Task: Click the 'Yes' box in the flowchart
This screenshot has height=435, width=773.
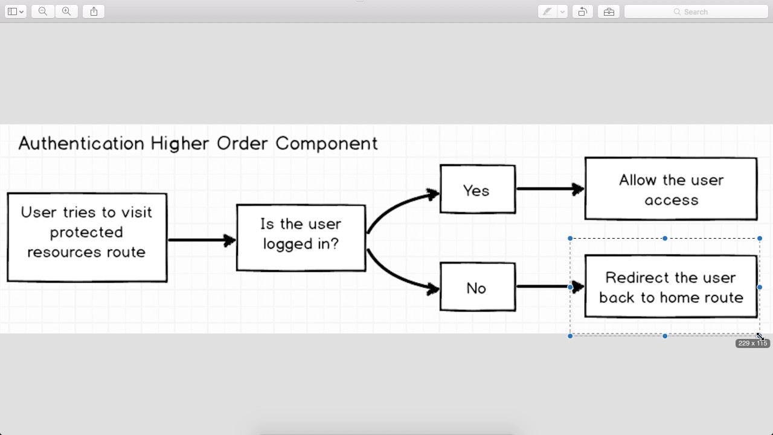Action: click(477, 189)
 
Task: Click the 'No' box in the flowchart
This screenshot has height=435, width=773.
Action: click(477, 287)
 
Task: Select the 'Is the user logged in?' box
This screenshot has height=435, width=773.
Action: click(301, 237)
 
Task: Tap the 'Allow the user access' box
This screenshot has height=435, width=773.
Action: click(670, 188)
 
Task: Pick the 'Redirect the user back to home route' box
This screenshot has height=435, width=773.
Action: click(670, 286)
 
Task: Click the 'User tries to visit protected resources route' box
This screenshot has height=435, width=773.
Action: click(87, 237)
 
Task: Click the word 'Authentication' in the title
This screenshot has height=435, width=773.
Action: click(81, 143)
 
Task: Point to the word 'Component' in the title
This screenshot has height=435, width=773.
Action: click(326, 143)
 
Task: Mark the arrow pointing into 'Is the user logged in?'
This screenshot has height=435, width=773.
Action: click(201, 240)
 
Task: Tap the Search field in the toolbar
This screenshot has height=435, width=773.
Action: click(696, 11)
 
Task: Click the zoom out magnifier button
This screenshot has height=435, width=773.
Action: click(42, 11)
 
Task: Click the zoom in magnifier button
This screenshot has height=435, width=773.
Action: click(66, 11)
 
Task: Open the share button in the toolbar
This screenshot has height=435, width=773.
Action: click(94, 11)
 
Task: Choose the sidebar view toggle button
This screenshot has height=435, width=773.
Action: click(15, 11)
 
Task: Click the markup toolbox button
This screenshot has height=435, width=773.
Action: click(609, 11)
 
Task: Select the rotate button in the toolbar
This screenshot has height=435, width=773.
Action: click(582, 11)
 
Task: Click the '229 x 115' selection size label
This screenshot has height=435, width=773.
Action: click(752, 343)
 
